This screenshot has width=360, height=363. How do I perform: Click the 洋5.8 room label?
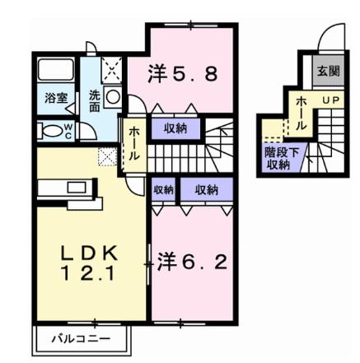[x=184, y=74]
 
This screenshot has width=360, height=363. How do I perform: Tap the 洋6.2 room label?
[x=193, y=263]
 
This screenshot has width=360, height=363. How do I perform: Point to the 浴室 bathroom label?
[x=55, y=97]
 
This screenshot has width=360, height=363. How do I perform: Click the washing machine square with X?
[x=111, y=68]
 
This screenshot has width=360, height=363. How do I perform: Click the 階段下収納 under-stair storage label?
[x=276, y=158]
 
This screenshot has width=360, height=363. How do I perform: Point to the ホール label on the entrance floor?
[x=302, y=110]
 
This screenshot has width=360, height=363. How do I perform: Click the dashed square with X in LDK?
[x=108, y=155]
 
